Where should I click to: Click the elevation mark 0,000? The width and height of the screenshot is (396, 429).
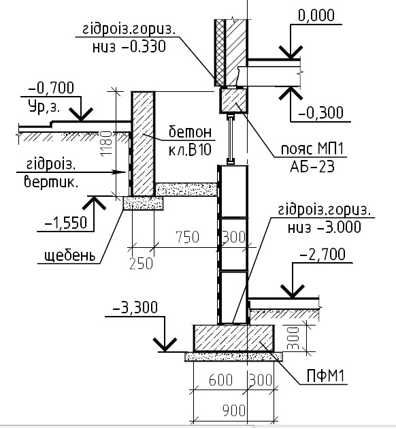point(316,15)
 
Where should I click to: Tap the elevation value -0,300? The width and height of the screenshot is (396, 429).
point(320,112)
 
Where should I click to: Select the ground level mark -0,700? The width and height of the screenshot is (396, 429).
point(51,88)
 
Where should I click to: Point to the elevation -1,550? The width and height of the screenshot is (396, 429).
point(65,223)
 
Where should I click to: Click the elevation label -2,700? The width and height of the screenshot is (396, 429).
point(323,255)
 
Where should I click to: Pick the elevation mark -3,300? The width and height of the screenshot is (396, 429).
point(135,307)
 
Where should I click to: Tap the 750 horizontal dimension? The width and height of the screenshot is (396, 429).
point(188,237)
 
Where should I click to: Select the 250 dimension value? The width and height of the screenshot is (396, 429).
point(141,264)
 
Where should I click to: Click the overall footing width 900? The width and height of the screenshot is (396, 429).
point(233,411)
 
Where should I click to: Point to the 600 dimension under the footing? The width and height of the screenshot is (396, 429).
point(221,380)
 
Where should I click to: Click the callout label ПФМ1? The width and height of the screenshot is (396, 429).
point(325,377)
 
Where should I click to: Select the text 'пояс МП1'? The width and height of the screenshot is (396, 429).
point(312,149)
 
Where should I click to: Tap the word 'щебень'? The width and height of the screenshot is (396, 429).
point(70,256)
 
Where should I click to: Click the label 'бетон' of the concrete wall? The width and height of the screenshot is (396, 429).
point(191,132)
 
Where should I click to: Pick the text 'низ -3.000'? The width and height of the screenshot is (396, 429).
point(324,227)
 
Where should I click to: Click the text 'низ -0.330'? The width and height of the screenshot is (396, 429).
point(129,46)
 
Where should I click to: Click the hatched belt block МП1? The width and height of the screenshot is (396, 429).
point(234,100)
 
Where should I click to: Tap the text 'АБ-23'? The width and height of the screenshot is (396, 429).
point(312,167)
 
